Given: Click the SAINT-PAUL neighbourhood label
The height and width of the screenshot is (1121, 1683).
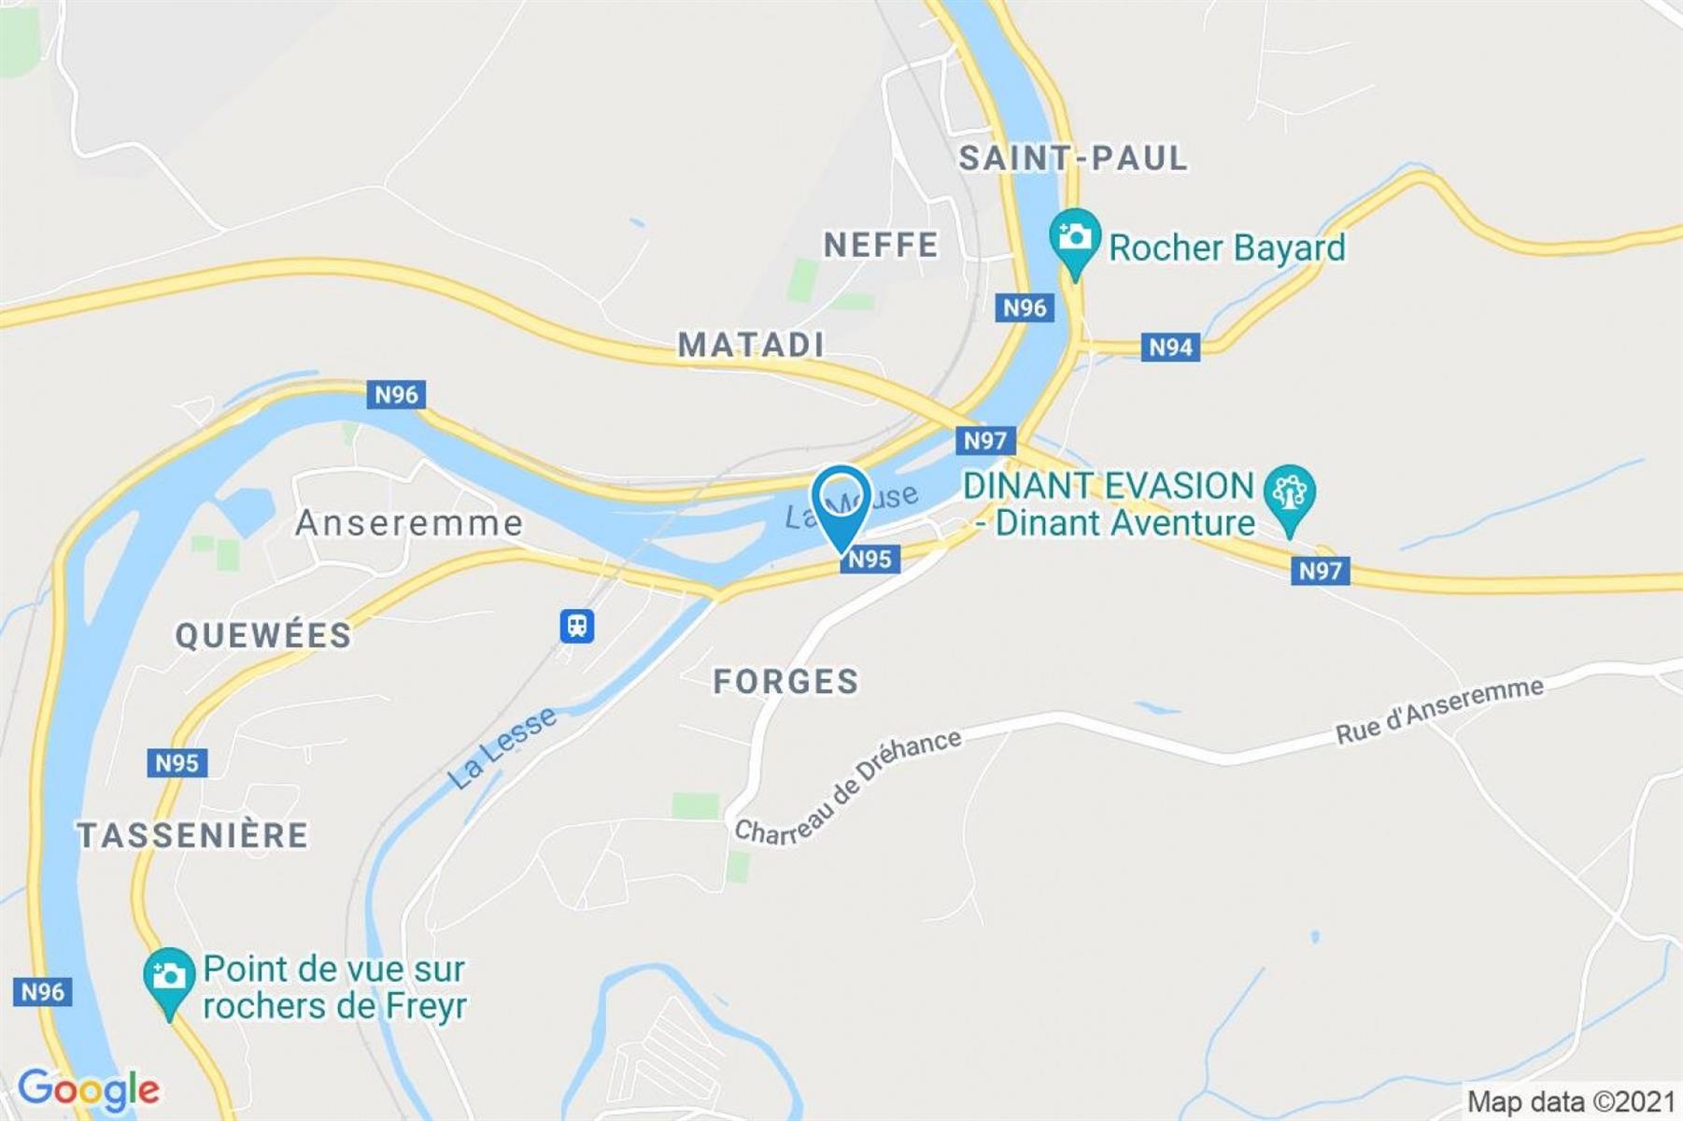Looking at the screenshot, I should click(x=1073, y=158).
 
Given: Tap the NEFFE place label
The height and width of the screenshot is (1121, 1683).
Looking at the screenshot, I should click(x=881, y=245).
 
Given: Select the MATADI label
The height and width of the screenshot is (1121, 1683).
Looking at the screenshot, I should click(x=751, y=345).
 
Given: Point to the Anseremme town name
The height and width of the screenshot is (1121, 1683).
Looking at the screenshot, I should click(x=409, y=523).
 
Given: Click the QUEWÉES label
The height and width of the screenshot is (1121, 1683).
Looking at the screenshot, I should click(x=263, y=635).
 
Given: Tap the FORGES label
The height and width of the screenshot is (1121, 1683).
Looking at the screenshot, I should click(x=785, y=681).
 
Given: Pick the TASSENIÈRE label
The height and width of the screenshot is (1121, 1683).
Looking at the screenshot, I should click(x=192, y=835).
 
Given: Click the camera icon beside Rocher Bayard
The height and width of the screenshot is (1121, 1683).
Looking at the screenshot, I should click(x=1075, y=238).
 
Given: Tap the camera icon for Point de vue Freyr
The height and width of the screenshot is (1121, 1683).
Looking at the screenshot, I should click(x=169, y=978).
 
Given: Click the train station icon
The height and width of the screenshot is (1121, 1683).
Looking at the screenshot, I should click(x=577, y=625).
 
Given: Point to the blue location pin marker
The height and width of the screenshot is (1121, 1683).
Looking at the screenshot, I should click(x=841, y=504).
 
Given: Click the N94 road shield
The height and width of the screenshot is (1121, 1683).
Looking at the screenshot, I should click(x=1170, y=348).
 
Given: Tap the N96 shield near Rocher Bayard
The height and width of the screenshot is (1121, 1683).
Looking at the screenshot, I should click(x=1025, y=307).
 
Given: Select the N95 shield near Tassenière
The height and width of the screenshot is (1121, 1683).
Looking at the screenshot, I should click(x=177, y=762).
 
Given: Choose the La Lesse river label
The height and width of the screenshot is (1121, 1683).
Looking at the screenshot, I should click(x=502, y=748).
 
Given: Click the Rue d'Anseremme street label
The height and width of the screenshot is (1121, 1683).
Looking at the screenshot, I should click(x=1439, y=711).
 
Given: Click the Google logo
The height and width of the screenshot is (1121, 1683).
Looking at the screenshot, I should click(x=89, y=1089).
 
